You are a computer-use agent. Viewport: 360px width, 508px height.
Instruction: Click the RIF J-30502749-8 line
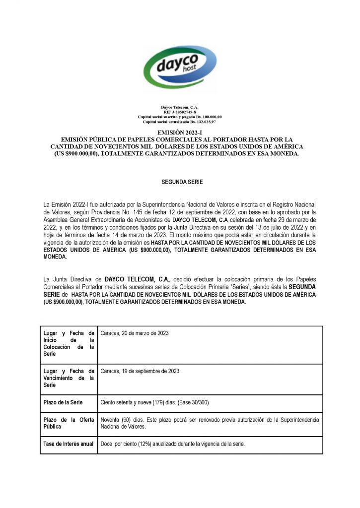[180, 112]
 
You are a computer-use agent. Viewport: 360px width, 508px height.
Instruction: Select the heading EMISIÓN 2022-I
[180, 133]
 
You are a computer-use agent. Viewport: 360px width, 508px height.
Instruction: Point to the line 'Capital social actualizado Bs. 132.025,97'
[180, 122]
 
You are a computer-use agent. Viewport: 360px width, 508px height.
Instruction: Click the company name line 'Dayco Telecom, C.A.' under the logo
[180, 107]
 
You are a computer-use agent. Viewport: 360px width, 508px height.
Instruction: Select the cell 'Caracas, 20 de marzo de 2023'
[135, 333]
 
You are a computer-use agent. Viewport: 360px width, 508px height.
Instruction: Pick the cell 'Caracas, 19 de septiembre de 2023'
[140, 371]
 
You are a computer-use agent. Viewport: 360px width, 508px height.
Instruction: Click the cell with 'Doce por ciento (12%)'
[173, 444]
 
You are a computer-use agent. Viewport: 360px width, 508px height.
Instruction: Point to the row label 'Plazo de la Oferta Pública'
[69, 423]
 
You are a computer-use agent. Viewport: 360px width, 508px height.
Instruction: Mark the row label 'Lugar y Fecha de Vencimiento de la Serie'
[69, 378]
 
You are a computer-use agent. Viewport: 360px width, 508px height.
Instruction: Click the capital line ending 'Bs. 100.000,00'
[180, 117]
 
